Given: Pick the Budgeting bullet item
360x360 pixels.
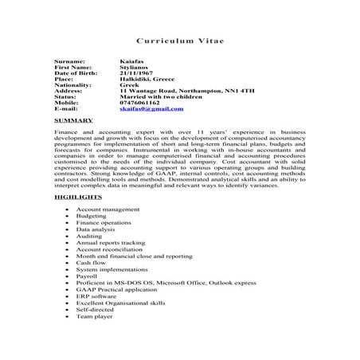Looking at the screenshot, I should click(x=91, y=216).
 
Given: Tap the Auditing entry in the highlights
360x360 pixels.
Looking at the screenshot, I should click(x=89, y=236).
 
